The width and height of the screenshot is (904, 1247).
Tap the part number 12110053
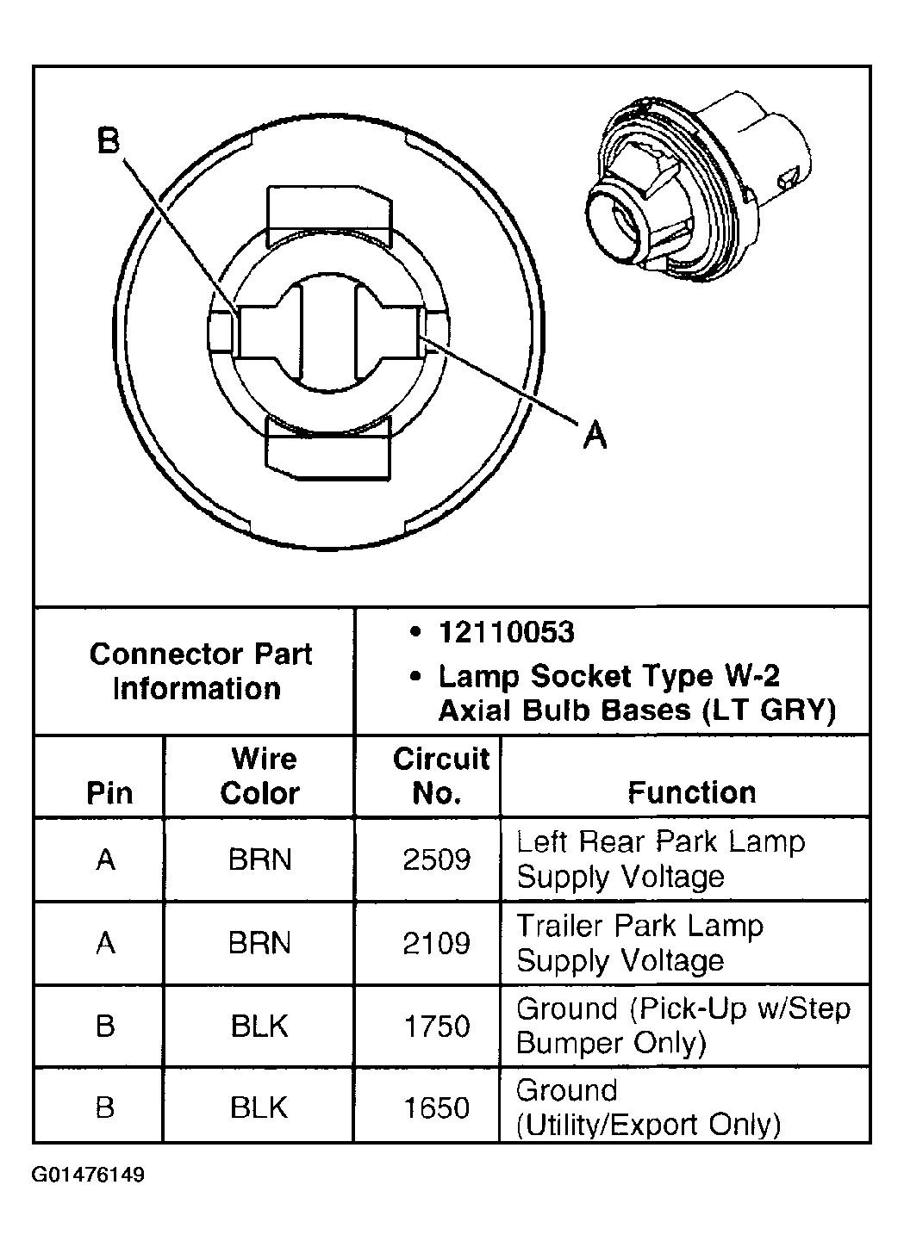[506, 633]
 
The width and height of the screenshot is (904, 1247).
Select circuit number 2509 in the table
[437, 859]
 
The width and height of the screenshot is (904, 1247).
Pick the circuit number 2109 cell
[437, 943]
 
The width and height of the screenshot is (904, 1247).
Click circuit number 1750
[437, 1026]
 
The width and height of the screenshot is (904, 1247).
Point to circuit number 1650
[437, 1107]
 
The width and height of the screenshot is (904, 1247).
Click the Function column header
[691, 791]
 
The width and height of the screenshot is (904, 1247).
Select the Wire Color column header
[260, 776]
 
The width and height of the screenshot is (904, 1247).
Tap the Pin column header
[109, 792]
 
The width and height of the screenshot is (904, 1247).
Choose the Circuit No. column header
[440, 776]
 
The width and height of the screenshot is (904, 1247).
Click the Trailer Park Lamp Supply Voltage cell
[639, 943]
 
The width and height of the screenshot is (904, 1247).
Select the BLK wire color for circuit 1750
[259, 1026]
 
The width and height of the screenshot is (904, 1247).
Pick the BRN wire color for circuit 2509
[259, 859]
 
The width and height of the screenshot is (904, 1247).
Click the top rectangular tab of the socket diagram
[330, 213]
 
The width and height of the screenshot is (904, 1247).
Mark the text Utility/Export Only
[648, 1125]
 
